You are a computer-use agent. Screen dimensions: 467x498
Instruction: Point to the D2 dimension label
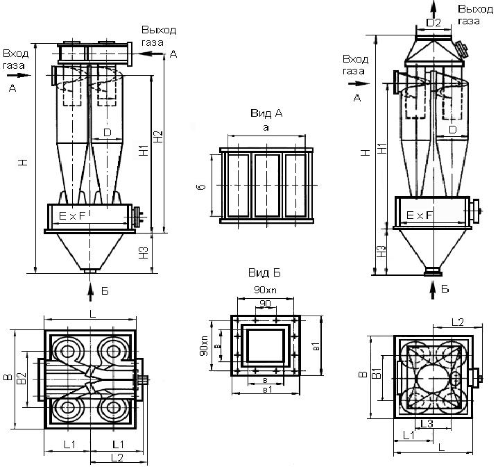(x=433, y=23)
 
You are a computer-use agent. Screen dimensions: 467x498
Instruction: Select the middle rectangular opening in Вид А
(x=266, y=185)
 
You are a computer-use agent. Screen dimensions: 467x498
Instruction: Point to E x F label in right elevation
(x=420, y=216)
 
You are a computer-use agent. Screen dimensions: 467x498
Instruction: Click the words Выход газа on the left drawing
(x=158, y=36)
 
